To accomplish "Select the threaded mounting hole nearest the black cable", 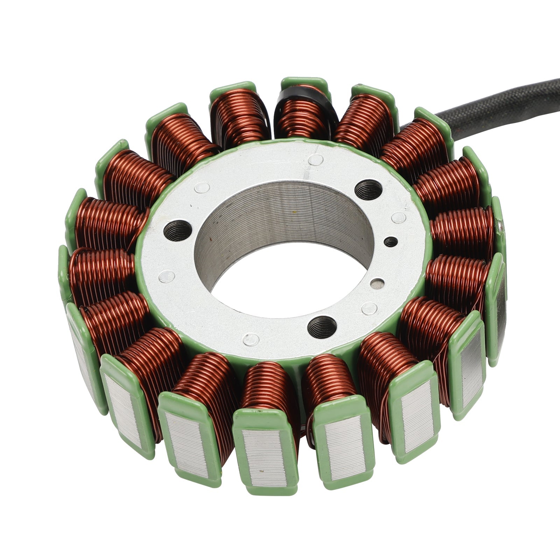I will [x=369, y=190].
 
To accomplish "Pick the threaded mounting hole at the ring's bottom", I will [x=322, y=327].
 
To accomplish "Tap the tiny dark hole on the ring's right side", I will [x=391, y=242].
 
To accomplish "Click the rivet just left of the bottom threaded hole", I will [x=251, y=339].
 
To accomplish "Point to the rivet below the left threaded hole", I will [x=167, y=277].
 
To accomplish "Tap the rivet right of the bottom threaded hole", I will [x=369, y=308].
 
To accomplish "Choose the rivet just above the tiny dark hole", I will [x=398, y=217].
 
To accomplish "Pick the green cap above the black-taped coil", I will [x=304, y=83].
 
